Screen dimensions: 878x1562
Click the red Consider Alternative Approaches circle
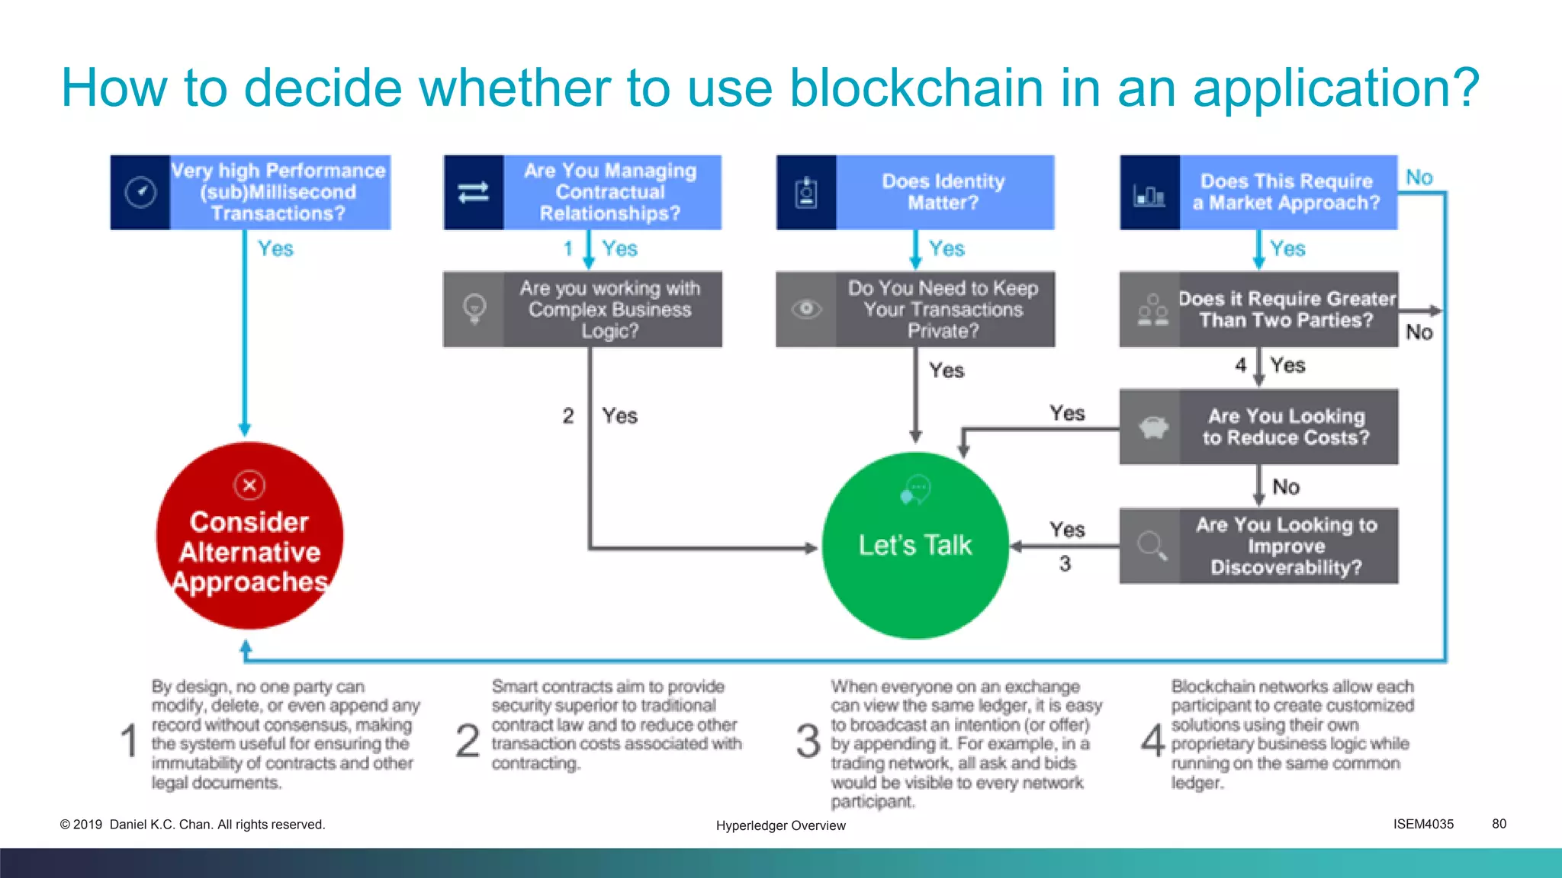pos(249,536)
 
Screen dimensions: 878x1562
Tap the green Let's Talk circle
pos(915,545)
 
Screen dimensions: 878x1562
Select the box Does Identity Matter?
pos(943,192)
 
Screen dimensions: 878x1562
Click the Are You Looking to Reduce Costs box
pos(1286,427)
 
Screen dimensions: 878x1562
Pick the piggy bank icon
pos(1152,428)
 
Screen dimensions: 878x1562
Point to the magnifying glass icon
pos(1151,546)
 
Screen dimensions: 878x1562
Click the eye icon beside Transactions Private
pos(806,309)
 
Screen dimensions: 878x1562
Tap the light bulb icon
pos(474,309)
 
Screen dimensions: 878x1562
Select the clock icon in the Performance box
pos(140,192)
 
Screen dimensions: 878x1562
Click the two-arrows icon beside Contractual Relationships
pos(474,192)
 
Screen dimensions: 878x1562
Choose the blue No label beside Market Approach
pos(1419,178)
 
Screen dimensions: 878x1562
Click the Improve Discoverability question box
pos(1286,546)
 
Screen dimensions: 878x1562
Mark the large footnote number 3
pos(808,741)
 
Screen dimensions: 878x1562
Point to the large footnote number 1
pos(130,741)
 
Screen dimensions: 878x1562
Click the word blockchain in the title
pos(915,88)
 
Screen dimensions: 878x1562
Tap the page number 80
pos(1499,824)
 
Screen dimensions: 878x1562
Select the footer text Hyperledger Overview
pos(780,825)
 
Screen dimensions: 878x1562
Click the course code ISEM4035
pos(1423,824)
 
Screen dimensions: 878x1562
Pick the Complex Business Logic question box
pos(609,309)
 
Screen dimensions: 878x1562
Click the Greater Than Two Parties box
pos(1286,309)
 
